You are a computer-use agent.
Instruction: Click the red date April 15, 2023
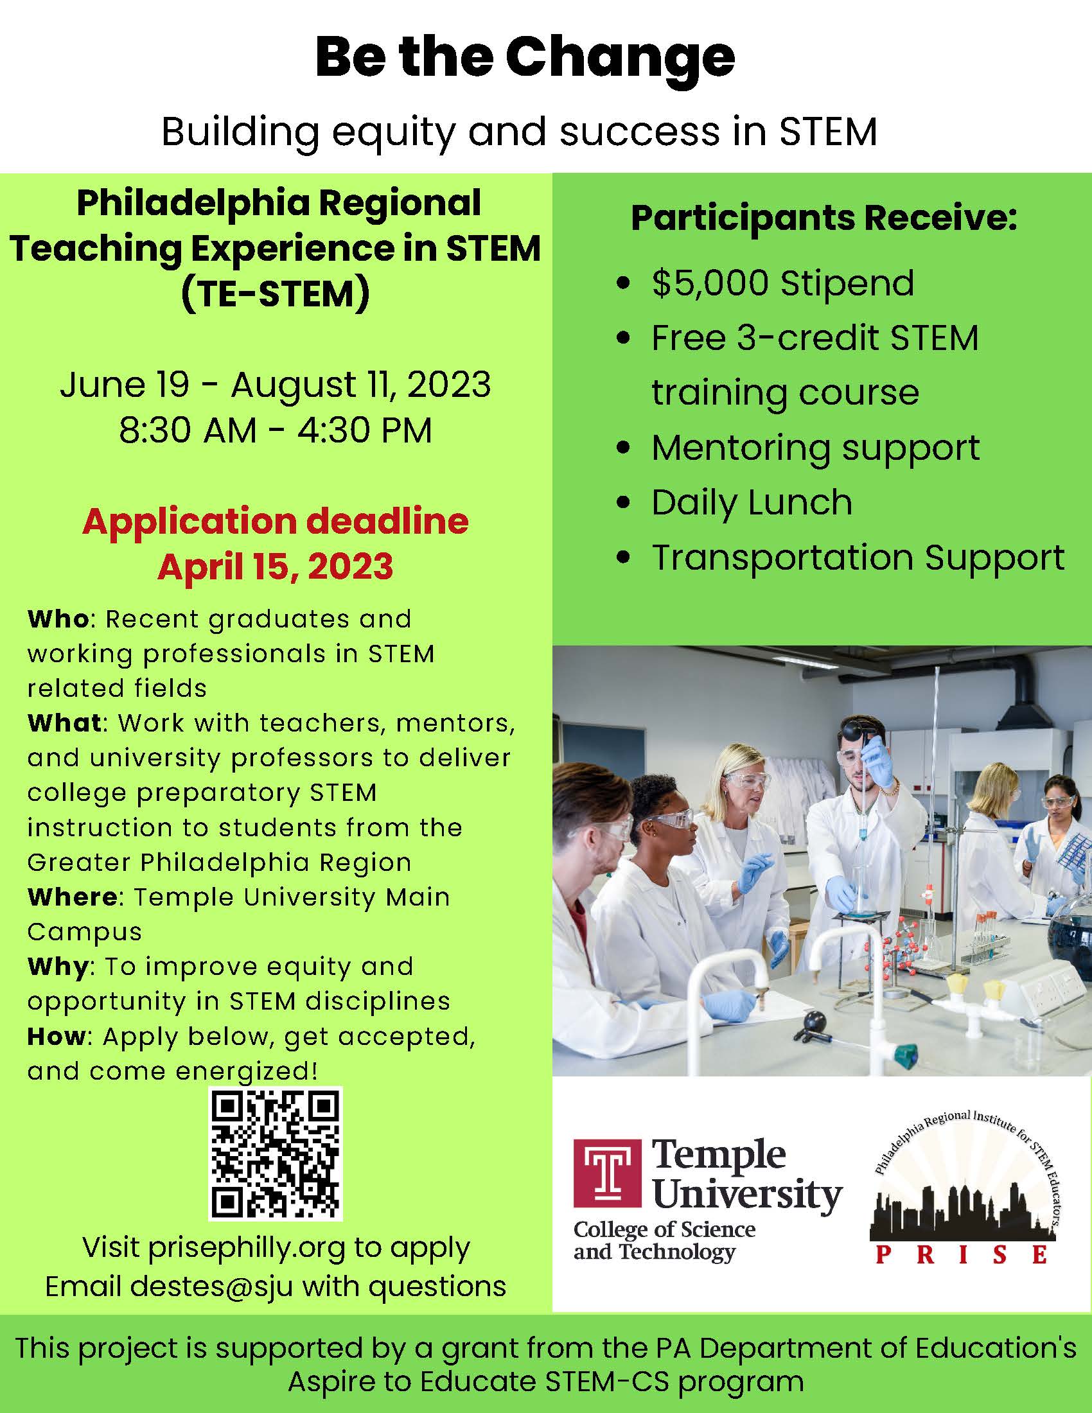point(275,566)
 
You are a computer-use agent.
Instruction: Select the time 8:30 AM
point(188,430)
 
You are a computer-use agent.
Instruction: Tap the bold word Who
point(58,619)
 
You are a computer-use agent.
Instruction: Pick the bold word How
point(57,1037)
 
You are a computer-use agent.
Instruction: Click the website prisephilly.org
point(247,1249)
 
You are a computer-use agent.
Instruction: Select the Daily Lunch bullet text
point(752,503)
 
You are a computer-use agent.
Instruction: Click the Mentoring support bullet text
point(816,448)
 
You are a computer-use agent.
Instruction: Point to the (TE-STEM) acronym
point(276,294)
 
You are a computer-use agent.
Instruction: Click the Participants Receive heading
point(824,218)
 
